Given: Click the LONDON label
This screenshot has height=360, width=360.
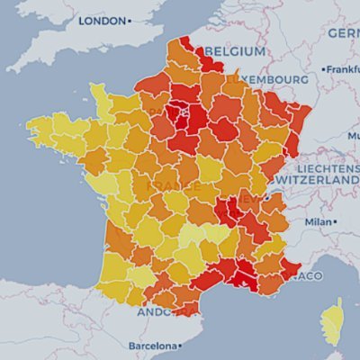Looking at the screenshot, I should point(101,20).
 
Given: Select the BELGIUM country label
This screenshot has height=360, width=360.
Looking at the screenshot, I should point(235,51).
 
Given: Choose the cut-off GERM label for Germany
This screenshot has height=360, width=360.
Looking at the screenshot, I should point(343,33).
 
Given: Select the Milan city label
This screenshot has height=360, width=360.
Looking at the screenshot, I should point(318,220).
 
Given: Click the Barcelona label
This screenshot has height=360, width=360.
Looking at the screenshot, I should point(149,345).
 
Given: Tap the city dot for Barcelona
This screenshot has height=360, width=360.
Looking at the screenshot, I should point(178,345).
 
